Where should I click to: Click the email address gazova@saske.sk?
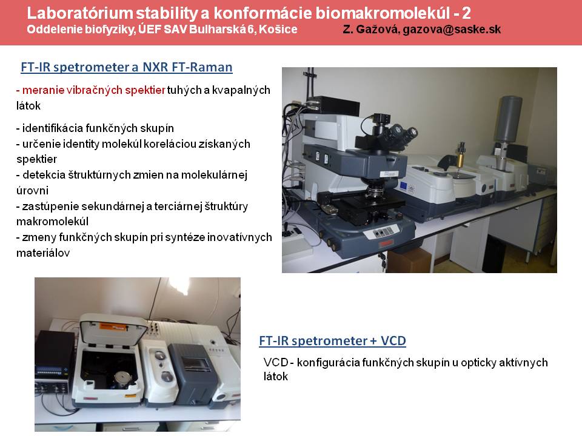tap(452, 29)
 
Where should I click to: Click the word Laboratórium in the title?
tap(80, 13)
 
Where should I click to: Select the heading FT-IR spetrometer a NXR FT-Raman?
tap(127, 67)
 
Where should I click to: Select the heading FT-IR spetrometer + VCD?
tap(333, 341)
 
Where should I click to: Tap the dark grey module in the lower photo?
tap(192, 374)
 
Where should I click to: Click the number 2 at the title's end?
tap(466, 13)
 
